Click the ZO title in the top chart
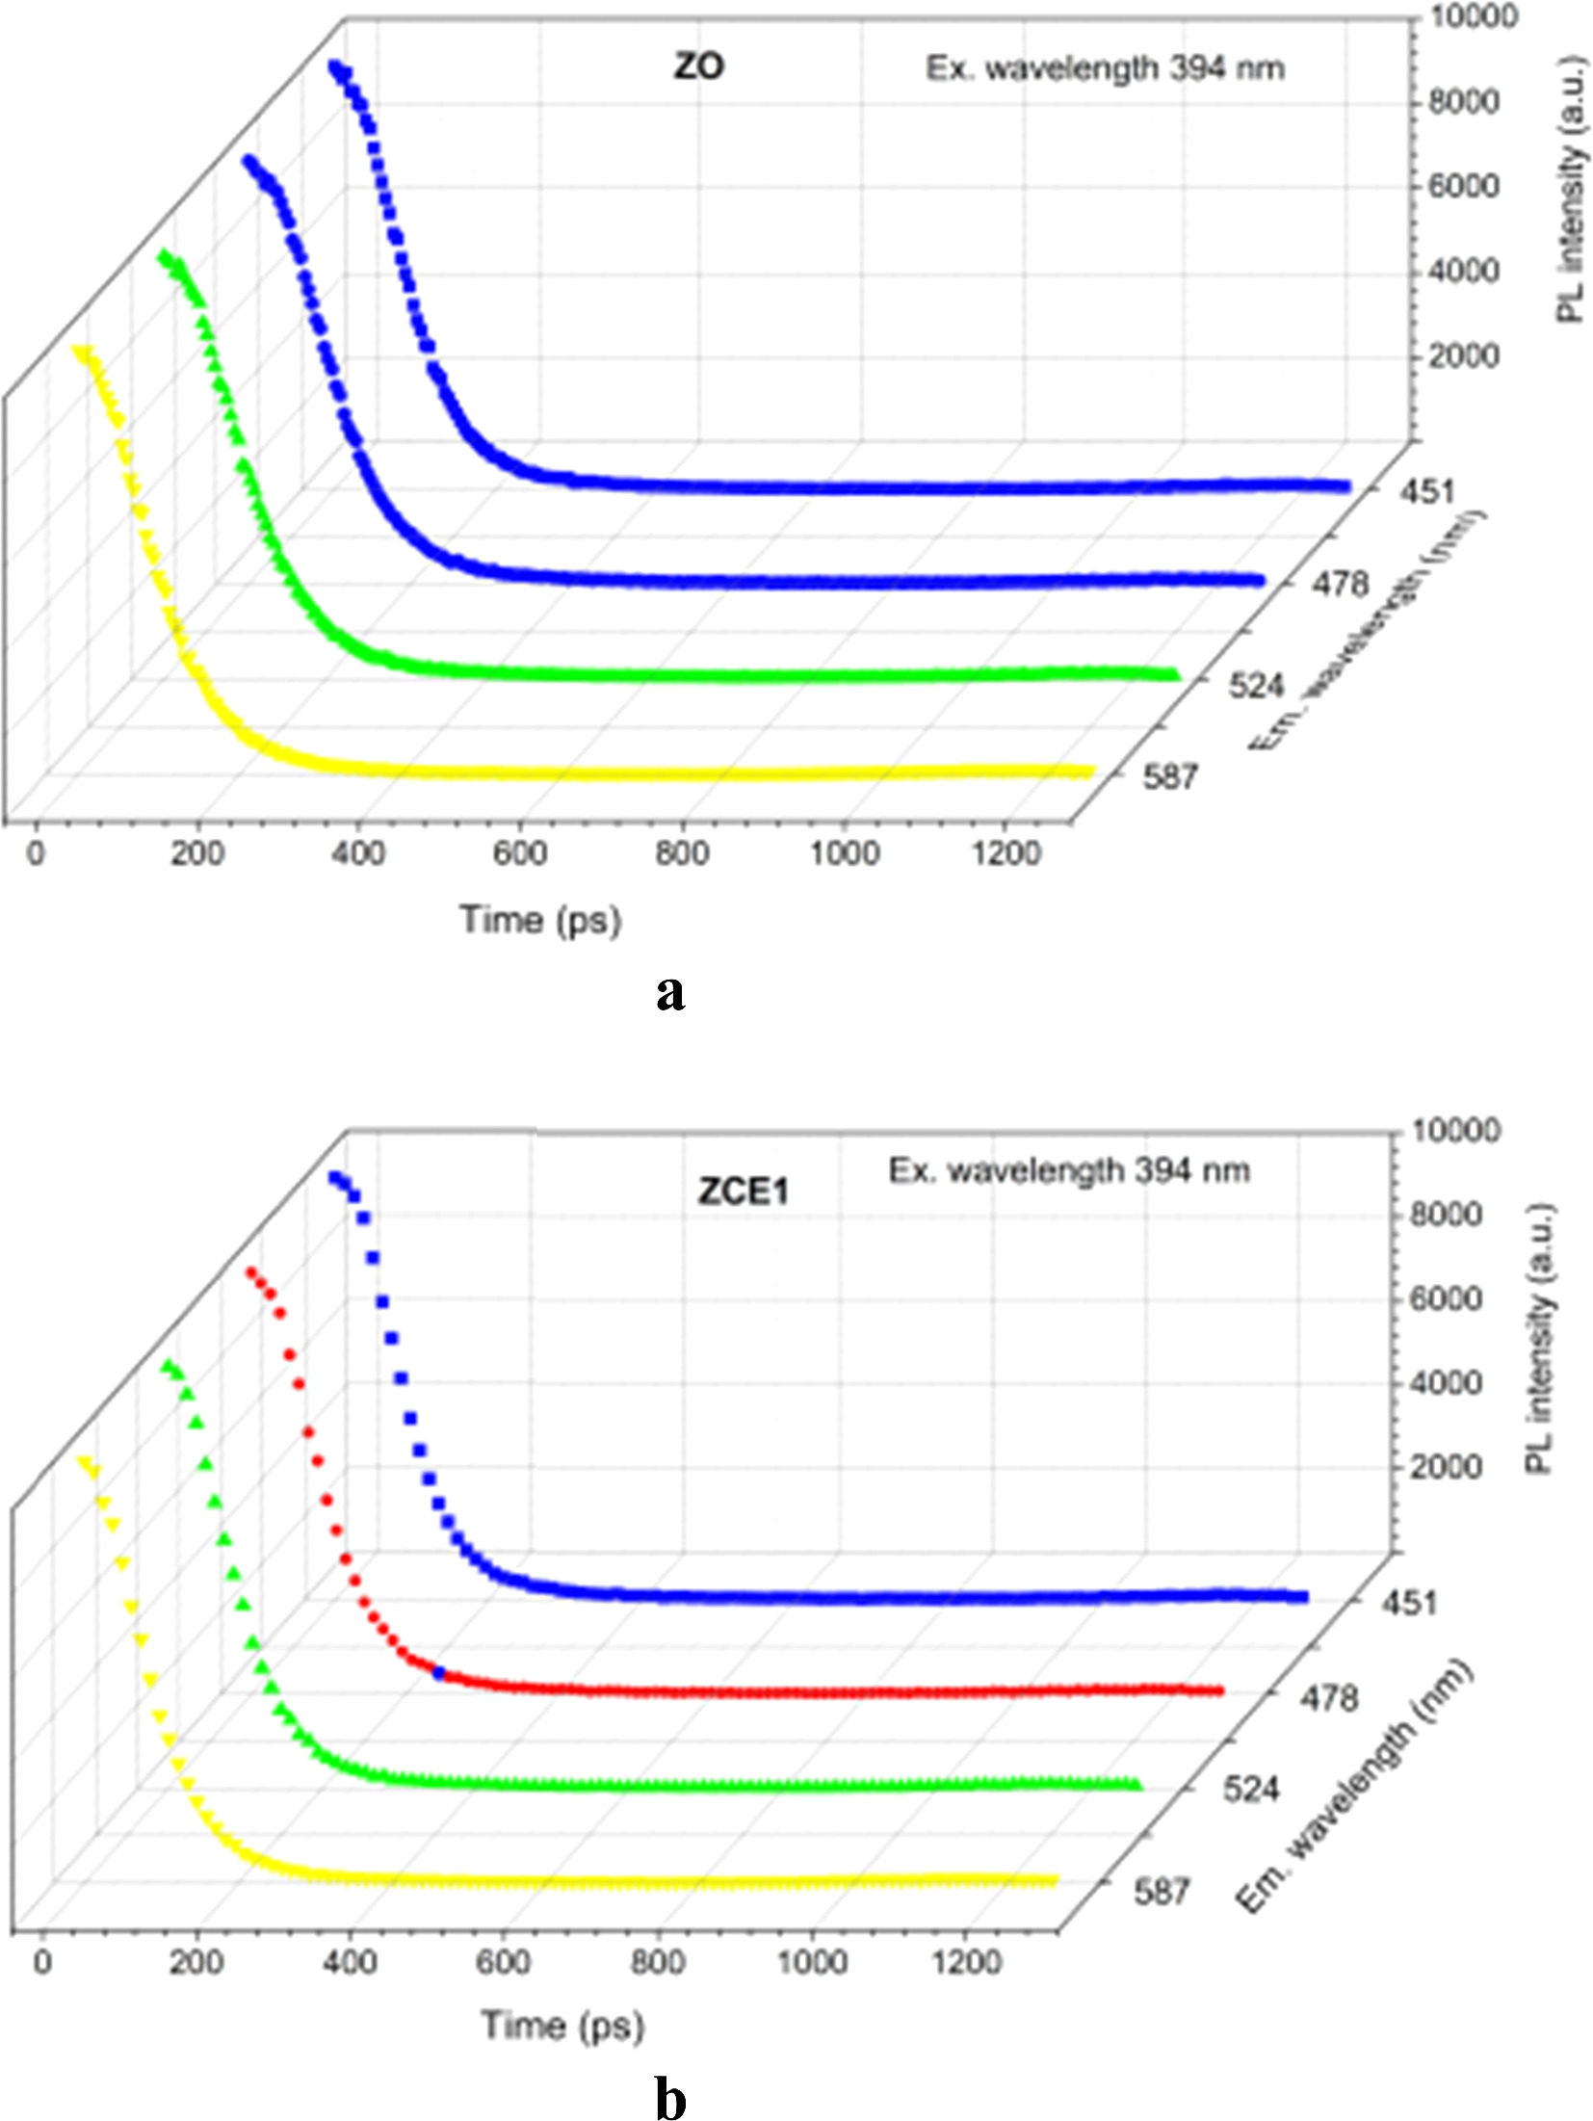click(698, 66)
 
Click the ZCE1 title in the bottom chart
click(743, 1192)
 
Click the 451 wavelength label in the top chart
click(1427, 492)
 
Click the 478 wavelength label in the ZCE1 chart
click(1330, 1697)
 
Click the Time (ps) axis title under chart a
click(540, 920)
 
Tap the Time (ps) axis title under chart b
click(562, 2026)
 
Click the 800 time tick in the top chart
click(682, 853)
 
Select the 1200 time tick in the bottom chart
click(966, 1962)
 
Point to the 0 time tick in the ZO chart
click(37, 853)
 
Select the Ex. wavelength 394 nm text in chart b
click(1069, 1171)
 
